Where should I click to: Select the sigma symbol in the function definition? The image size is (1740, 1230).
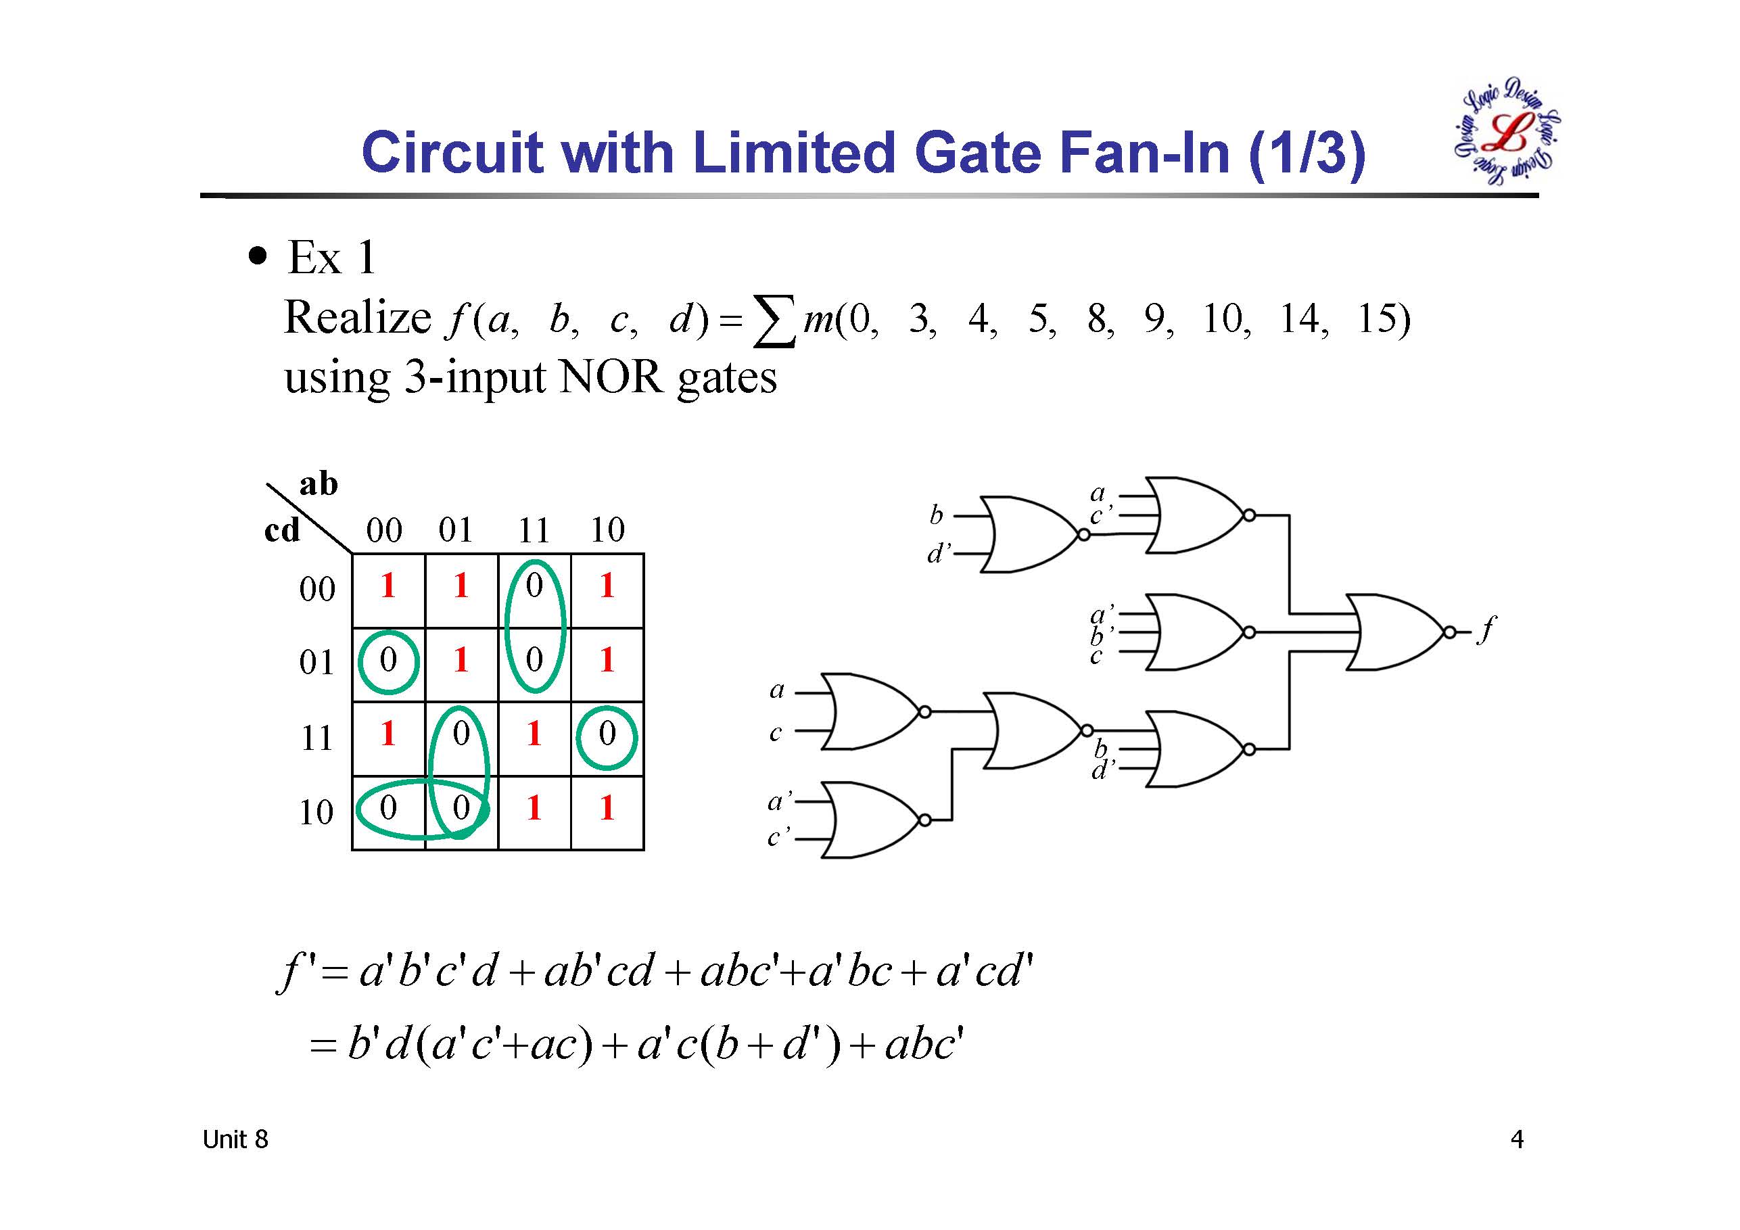pyautogui.click(x=774, y=321)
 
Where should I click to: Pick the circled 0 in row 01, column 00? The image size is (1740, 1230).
pyautogui.click(x=388, y=661)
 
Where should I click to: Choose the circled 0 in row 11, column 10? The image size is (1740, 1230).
pyautogui.click(x=607, y=736)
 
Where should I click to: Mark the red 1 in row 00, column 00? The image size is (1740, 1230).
pyautogui.click(x=388, y=586)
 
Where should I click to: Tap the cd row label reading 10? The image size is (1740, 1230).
pyautogui.click(x=316, y=812)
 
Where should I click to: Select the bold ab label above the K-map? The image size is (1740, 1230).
pyautogui.click(x=319, y=483)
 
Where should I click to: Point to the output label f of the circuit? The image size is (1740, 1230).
pyautogui.click(x=1488, y=628)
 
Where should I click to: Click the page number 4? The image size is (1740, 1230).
pyautogui.click(x=1516, y=1139)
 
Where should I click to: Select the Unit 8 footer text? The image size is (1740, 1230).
pyautogui.click(x=235, y=1139)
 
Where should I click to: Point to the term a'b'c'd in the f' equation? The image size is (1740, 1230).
pyautogui.click(x=428, y=971)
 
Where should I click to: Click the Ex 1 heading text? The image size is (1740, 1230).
pyautogui.click(x=332, y=257)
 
